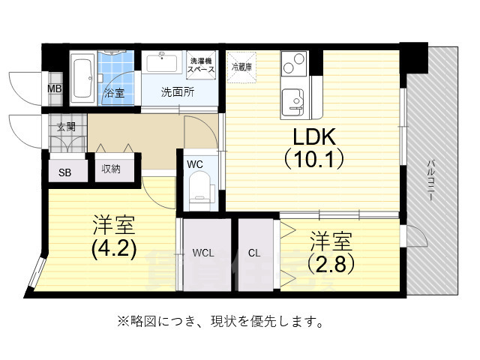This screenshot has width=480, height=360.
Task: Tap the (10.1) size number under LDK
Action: coord(313,159)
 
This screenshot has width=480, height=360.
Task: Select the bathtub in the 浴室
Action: coord(82,76)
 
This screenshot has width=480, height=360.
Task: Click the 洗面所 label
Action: coord(179,93)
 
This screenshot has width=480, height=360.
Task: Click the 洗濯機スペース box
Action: coord(201,64)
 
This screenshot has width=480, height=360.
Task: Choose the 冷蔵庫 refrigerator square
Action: coord(242,65)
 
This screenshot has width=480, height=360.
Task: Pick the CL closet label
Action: coord(255,253)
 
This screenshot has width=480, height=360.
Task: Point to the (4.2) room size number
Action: coord(114,249)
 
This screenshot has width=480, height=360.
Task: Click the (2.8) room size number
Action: coord(331,264)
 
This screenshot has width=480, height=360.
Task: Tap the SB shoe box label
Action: coord(65,172)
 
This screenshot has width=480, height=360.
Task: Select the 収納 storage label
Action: coord(112,169)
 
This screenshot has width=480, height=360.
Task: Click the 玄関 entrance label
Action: coord(66,127)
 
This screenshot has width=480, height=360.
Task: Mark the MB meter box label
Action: coord(55,89)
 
